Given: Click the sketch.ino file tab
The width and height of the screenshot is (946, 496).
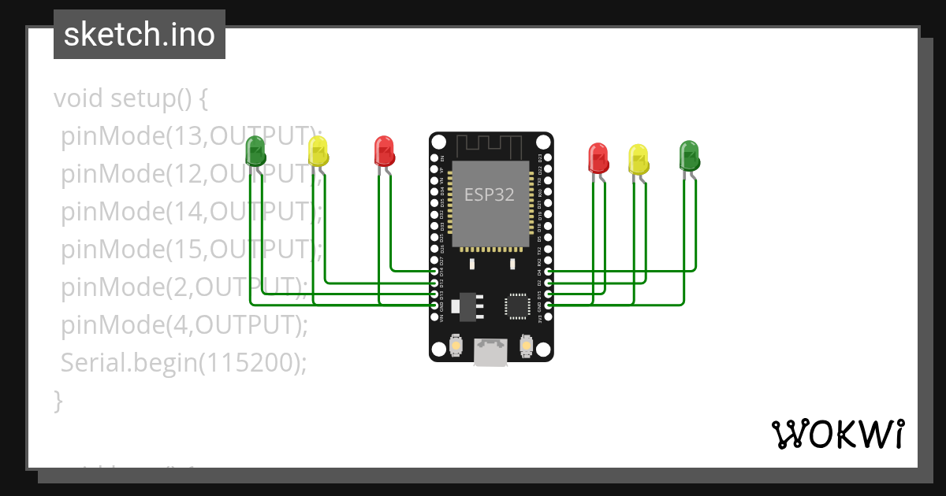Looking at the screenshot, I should point(140,35).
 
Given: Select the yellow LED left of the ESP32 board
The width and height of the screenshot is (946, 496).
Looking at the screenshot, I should point(318,150).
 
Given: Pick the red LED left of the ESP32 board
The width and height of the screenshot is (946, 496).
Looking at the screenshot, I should point(384,150).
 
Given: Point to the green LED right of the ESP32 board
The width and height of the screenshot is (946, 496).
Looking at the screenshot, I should point(689,155).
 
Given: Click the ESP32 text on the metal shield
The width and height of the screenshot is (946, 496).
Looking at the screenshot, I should point(490,194).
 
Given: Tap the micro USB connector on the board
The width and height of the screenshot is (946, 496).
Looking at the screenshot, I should point(490,352).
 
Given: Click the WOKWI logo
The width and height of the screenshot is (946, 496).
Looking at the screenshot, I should point(837,434).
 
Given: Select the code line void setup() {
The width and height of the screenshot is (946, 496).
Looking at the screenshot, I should point(131,99).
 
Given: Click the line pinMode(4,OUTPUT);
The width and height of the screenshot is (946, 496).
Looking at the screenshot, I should point(184,324).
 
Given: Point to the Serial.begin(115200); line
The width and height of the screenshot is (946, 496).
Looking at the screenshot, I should point(183,362).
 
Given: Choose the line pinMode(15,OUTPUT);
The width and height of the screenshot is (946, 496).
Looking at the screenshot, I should point(192,250).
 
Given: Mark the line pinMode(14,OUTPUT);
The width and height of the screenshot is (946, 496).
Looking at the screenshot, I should point(192,212).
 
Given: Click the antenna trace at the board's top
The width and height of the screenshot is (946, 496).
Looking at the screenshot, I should point(490,146).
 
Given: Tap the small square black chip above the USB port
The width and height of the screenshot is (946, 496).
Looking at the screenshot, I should point(518,305).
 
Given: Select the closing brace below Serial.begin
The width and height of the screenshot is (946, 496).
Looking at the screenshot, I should point(58,400).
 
